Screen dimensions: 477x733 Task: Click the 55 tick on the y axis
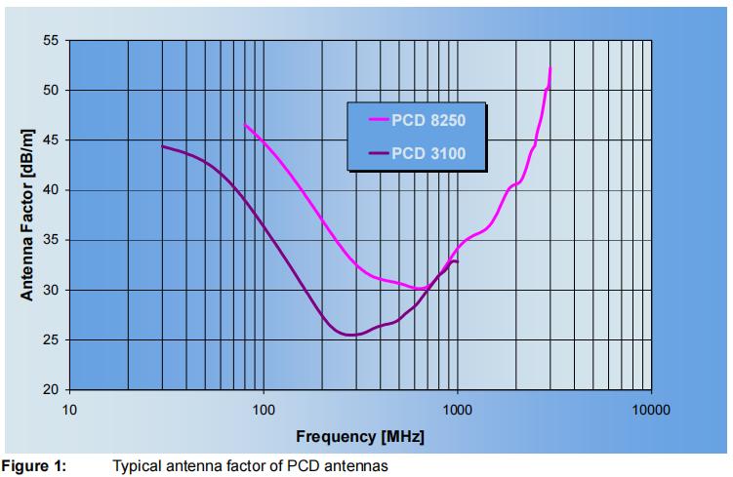51,41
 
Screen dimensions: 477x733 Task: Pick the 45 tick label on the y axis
51,140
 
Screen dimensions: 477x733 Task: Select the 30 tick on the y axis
51,291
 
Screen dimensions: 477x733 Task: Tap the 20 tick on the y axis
51,390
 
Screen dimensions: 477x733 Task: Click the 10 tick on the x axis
69,409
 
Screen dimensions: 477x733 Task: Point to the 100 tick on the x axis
264,409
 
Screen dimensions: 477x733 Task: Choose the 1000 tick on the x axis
457,409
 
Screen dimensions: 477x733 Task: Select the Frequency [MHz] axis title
360,436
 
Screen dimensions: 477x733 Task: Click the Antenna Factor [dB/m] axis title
27,215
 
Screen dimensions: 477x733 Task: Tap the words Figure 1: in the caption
33,467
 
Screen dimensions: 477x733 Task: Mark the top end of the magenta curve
550,67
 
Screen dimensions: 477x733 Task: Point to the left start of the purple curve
162,146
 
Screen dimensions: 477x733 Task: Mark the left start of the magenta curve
245,125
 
